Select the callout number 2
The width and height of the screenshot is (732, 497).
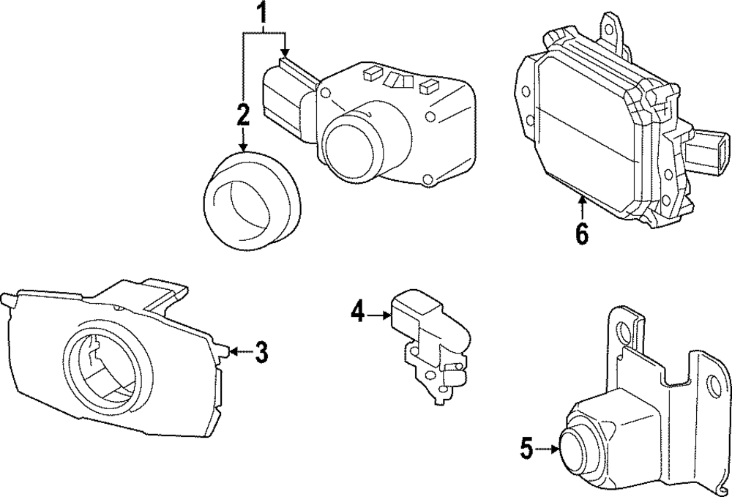click(243, 114)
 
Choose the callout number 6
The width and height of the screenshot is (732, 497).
click(581, 233)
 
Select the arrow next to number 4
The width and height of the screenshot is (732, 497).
click(379, 315)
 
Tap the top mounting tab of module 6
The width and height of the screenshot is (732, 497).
click(612, 26)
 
